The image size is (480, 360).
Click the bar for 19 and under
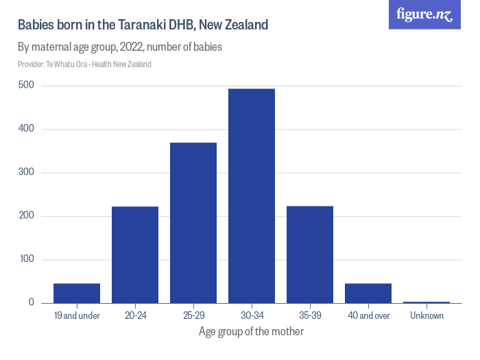tap(77, 293)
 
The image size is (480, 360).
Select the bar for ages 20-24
tap(135, 255)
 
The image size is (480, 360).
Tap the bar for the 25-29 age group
tap(193, 223)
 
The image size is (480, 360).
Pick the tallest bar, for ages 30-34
tap(252, 196)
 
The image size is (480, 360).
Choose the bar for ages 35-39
tap(310, 254)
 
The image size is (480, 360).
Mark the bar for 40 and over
tap(368, 293)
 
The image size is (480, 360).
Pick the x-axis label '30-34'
tap(252, 316)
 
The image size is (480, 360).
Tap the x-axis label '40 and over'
tap(368, 316)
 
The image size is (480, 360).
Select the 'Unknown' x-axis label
tap(427, 316)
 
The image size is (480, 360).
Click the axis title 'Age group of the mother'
tap(251, 332)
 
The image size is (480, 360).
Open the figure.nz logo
tap(424, 14)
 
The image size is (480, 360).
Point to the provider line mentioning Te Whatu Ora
tap(84, 64)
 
